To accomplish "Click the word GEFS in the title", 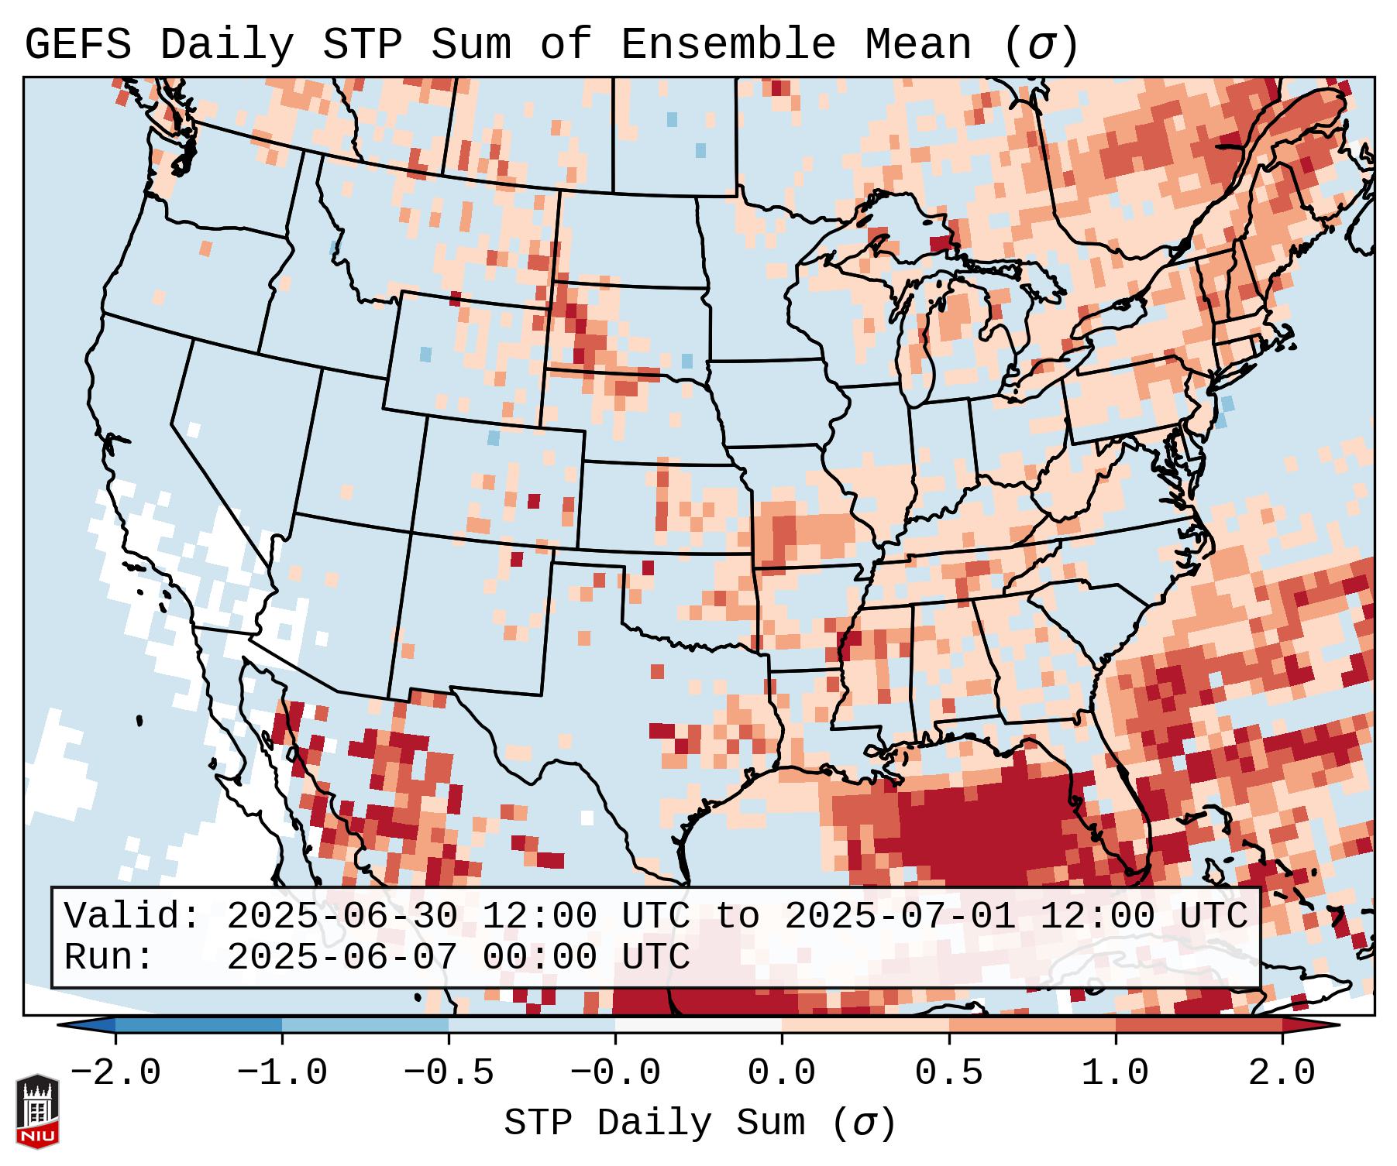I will (77, 45).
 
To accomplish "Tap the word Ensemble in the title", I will (728, 45).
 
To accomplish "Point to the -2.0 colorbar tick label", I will (115, 1073).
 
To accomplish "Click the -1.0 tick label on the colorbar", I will (282, 1073).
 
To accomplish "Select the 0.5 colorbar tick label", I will (949, 1073).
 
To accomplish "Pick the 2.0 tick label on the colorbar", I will (1282, 1073).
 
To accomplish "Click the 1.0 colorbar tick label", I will (1116, 1073).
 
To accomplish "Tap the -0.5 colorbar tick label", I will (449, 1073).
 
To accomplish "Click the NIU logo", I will (37, 1111).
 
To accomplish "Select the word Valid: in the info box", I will (132, 917).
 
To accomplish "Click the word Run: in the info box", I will (109, 958).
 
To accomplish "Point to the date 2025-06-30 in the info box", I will (342, 917).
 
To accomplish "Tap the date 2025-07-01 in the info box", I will (900, 917).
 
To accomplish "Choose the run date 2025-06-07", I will (342, 958).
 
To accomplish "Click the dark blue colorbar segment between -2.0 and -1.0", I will (198, 1025).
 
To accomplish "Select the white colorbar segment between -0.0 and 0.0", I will (698, 1025).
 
